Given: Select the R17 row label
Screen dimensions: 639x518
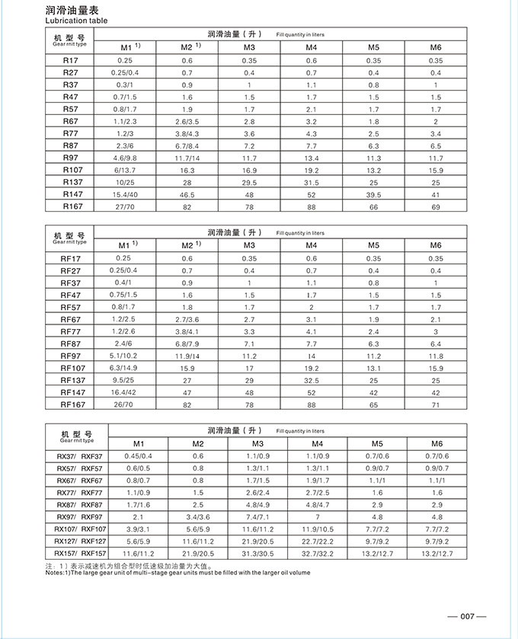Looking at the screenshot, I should (71, 59).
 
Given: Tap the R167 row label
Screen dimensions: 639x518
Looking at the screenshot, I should (72, 206).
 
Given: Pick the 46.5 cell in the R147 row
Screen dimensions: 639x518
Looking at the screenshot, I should (187, 194).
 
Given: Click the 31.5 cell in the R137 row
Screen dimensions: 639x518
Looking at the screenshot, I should (311, 182).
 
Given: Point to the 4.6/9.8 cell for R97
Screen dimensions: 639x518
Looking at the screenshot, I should (125, 158).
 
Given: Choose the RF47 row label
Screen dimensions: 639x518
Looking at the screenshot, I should (71, 295).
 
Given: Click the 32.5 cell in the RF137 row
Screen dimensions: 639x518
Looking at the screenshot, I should (311, 380).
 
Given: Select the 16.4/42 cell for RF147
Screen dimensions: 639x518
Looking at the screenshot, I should (125, 392).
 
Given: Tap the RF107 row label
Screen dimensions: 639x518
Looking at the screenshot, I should (72, 368).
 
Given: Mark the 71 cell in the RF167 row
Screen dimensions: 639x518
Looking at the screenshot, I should (435, 404).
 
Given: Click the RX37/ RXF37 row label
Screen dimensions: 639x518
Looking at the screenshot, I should (78, 456).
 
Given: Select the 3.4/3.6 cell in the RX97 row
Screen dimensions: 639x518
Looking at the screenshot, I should (197, 517).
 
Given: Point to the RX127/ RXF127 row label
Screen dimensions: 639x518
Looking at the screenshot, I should (80, 541).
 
